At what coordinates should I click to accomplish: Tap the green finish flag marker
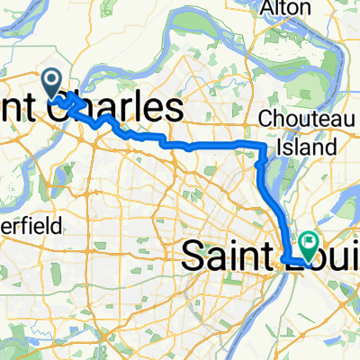point(309,242)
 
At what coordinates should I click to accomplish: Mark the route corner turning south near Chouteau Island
point(262,145)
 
